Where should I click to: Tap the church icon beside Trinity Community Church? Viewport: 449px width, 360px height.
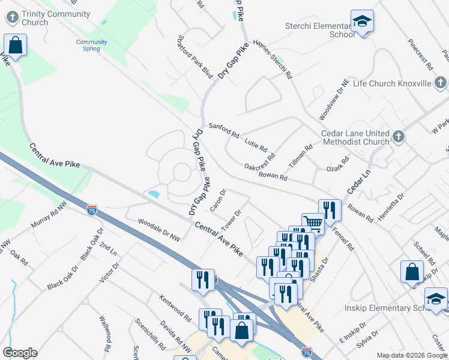(13, 18)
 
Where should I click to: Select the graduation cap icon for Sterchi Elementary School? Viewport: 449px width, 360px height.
(362, 22)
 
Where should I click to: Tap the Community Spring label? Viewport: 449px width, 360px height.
(91, 45)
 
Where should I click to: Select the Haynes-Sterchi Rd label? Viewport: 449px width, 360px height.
(272, 59)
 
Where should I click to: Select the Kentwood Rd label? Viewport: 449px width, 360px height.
(175, 307)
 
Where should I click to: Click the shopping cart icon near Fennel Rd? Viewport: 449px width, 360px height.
(312, 223)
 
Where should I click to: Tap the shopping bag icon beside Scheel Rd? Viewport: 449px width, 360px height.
(413, 271)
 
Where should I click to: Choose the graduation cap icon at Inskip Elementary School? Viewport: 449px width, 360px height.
(436, 298)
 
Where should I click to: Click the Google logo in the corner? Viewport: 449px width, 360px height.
(20, 353)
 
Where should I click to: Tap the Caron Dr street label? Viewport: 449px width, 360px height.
(217, 200)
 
